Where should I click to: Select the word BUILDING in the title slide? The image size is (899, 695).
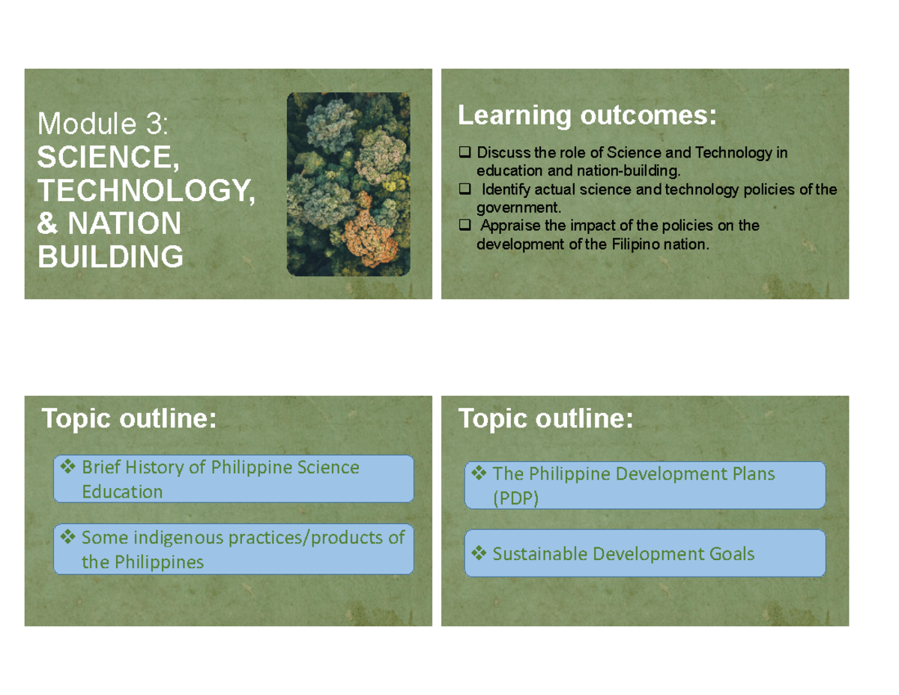109,257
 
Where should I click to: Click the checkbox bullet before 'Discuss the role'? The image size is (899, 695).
464,154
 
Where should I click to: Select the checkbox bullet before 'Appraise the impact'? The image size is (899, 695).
464,226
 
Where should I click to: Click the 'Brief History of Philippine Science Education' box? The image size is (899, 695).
233,479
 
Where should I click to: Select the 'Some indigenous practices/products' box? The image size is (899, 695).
233,549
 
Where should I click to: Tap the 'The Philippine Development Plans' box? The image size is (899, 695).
644,485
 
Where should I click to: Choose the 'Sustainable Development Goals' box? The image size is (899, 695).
644,554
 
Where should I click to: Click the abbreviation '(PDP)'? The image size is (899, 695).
515,499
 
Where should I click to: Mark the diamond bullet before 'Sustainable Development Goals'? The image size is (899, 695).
479,554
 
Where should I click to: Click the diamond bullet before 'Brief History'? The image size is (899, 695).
68,468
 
